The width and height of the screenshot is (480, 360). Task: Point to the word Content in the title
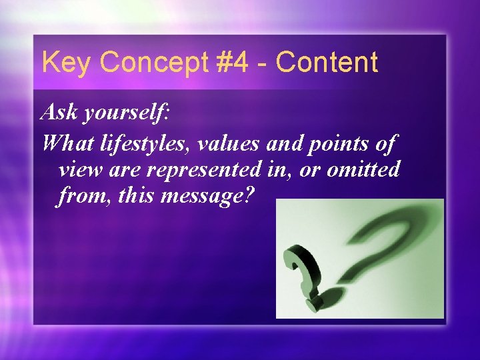pos(327,63)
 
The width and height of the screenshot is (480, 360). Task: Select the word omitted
pos(363,169)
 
